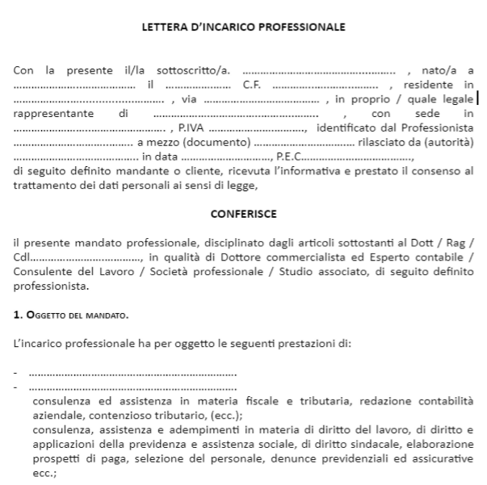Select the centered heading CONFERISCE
click(x=243, y=214)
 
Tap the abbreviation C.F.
click(x=251, y=86)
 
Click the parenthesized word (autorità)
click(x=446, y=142)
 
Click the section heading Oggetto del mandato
click(x=78, y=314)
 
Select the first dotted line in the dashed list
click(x=133, y=372)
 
